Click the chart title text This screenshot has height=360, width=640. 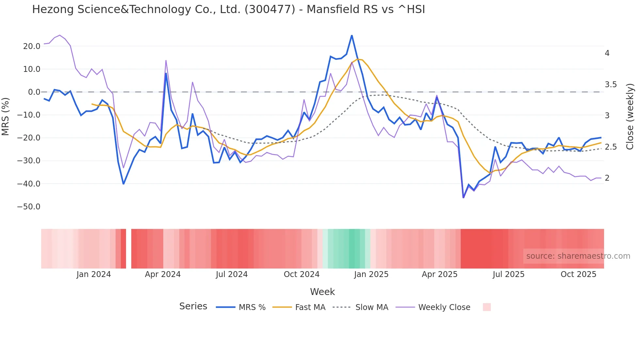[229, 9]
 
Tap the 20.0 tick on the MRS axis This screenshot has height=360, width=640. [32, 46]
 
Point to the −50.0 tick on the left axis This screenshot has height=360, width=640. [29, 207]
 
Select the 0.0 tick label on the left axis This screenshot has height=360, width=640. [34, 92]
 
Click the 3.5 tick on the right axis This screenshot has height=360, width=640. [611, 85]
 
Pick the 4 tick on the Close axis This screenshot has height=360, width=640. [607, 53]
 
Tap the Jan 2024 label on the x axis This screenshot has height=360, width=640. [94, 274]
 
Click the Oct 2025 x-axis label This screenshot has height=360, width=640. [578, 274]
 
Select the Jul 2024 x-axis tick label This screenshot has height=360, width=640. [232, 274]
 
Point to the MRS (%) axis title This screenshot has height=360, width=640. [6, 116]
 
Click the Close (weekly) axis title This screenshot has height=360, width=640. [630, 116]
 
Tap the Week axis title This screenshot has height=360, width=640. [322, 292]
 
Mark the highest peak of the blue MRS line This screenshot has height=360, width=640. [352, 35]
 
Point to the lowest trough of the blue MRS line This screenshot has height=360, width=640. [463, 197]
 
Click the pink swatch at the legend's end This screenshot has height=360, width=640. [487, 307]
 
